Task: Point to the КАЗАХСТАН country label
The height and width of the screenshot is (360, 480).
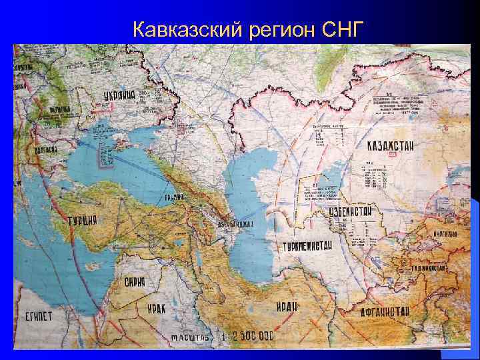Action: tap(394, 146)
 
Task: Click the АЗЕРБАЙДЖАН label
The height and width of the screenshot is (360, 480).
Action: tap(235, 223)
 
